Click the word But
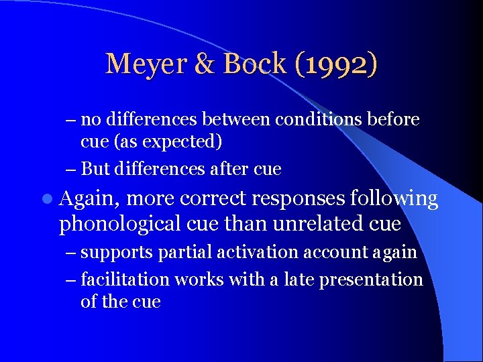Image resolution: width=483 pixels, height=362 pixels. coord(95,169)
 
